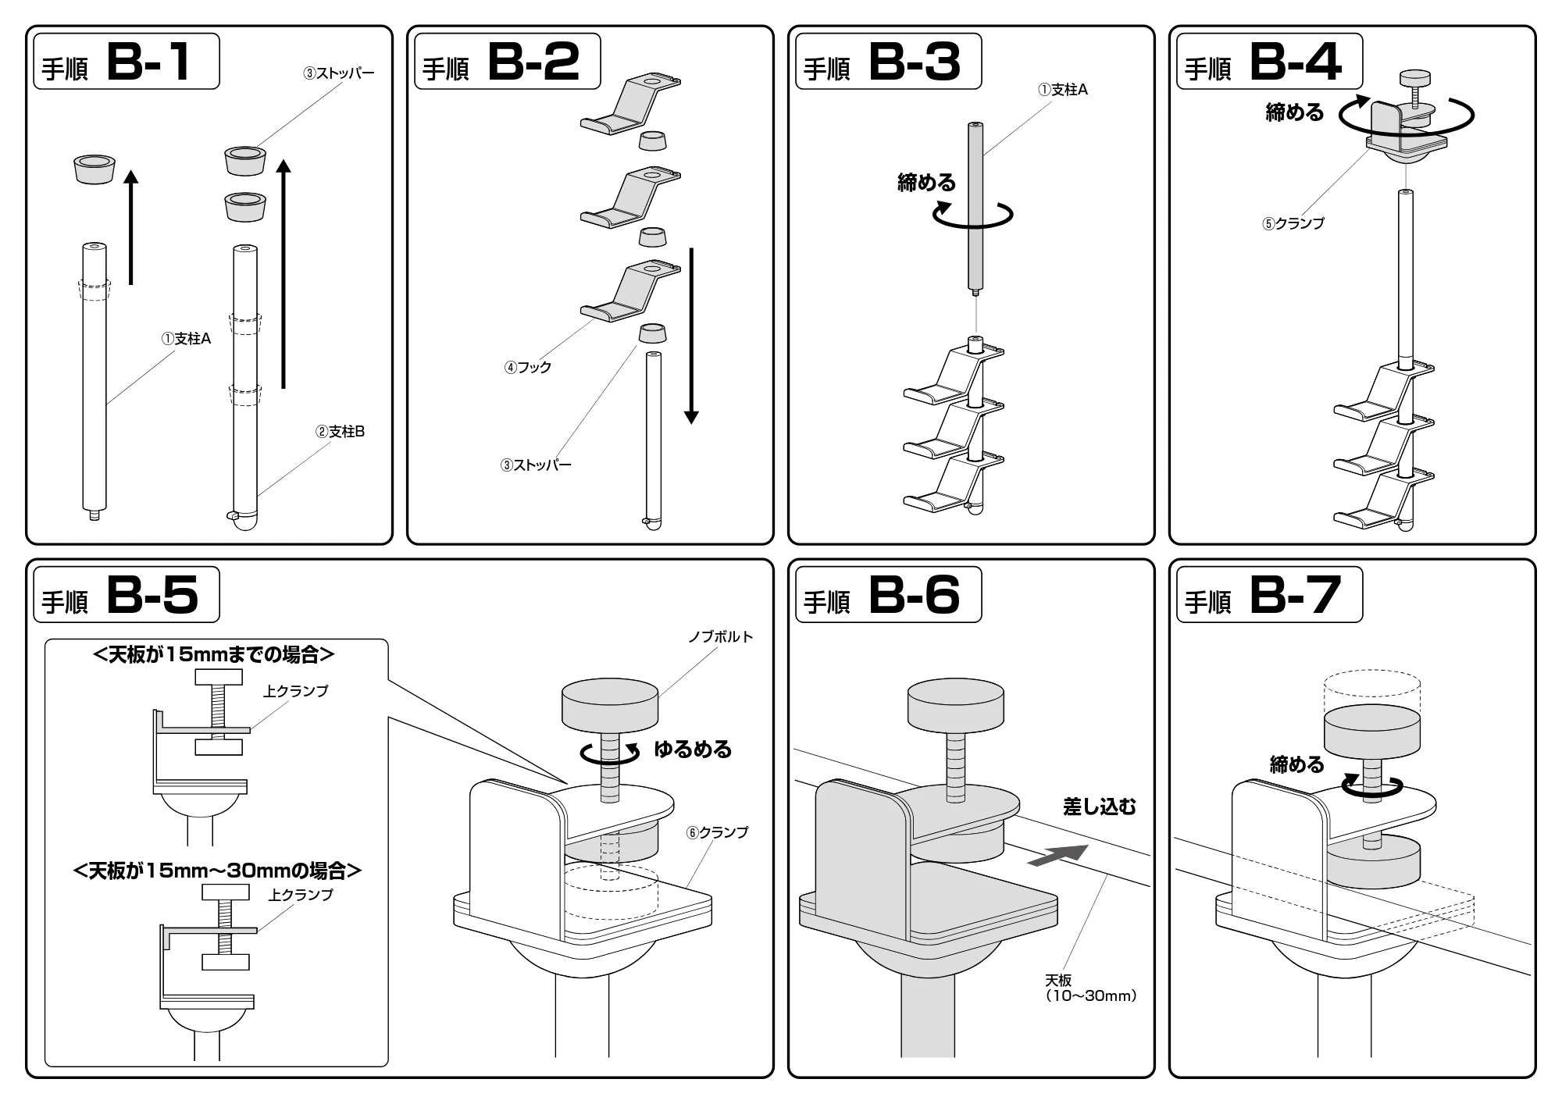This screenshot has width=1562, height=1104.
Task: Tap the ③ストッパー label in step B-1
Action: [x=339, y=73]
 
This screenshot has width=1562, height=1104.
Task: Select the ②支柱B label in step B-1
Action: [x=340, y=432]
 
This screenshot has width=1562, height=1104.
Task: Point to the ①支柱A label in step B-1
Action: [x=186, y=339]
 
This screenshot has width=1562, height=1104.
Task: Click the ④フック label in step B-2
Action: [x=528, y=367]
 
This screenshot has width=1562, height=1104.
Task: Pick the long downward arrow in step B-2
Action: [x=690, y=336]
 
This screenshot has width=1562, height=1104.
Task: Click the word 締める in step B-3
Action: [x=926, y=183]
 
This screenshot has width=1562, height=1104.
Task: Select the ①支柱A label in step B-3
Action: [x=1063, y=90]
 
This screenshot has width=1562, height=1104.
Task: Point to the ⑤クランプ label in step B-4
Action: [x=1293, y=223]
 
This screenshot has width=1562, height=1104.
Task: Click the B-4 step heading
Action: [x=1270, y=61]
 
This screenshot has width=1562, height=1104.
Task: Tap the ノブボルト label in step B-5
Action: [x=721, y=637]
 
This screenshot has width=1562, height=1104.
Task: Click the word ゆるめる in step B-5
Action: [x=693, y=750]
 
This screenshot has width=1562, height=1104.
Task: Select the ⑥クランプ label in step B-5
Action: [x=717, y=832]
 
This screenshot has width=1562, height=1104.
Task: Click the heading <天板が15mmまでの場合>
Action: [x=213, y=654]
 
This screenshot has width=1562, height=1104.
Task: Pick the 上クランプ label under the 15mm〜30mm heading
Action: [x=301, y=895]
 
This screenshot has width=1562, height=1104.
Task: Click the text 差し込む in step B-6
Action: [x=1100, y=807]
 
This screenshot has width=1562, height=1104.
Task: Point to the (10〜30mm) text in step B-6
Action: [x=1090, y=996]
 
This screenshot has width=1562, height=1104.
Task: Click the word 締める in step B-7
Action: [x=1297, y=764]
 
